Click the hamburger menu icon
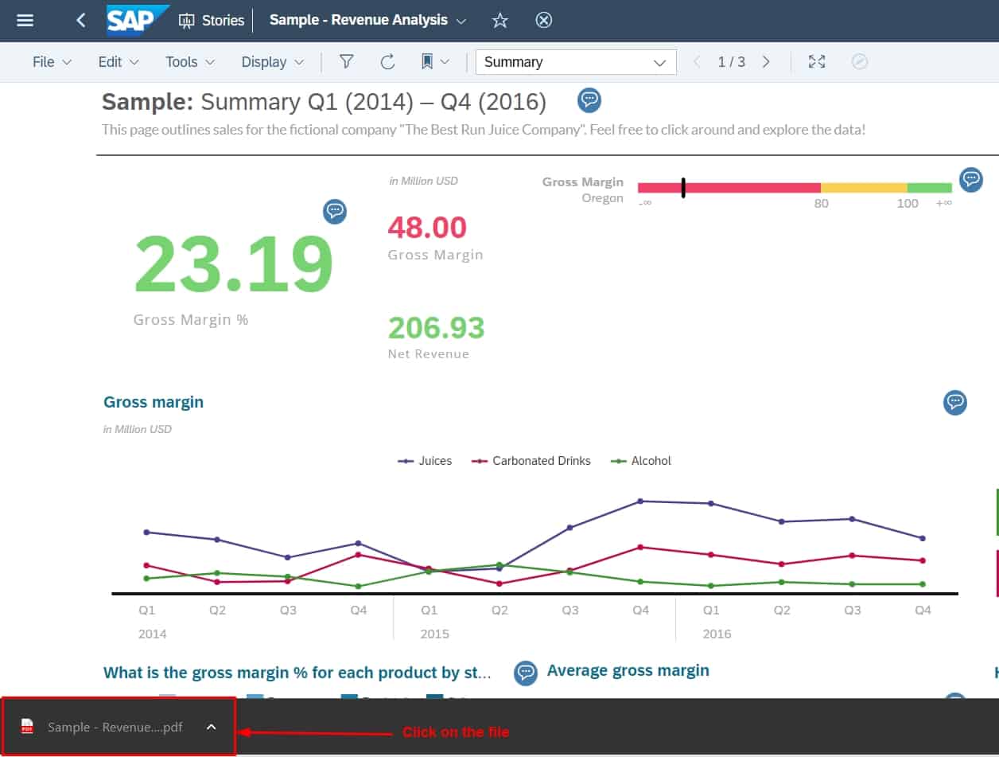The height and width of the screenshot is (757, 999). tap(25, 21)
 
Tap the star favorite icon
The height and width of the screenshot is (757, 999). tap(499, 21)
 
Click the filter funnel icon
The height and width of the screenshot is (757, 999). tap(346, 62)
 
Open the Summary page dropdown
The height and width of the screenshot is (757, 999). tap(576, 62)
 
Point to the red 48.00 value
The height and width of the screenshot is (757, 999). tap(427, 228)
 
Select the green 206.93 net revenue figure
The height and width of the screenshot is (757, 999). tap(436, 327)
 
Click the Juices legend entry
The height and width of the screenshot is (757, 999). tap(426, 461)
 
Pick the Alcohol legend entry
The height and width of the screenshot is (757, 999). tap(641, 461)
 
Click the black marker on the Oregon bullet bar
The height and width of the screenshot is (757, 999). tap(682, 188)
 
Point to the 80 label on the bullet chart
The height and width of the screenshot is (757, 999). tap(821, 204)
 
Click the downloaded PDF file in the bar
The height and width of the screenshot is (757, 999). tap(115, 727)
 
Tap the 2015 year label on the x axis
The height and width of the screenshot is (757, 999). tap(434, 634)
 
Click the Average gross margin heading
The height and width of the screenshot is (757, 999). tap(628, 671)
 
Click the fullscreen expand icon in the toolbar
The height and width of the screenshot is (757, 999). tap(817, 62)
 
